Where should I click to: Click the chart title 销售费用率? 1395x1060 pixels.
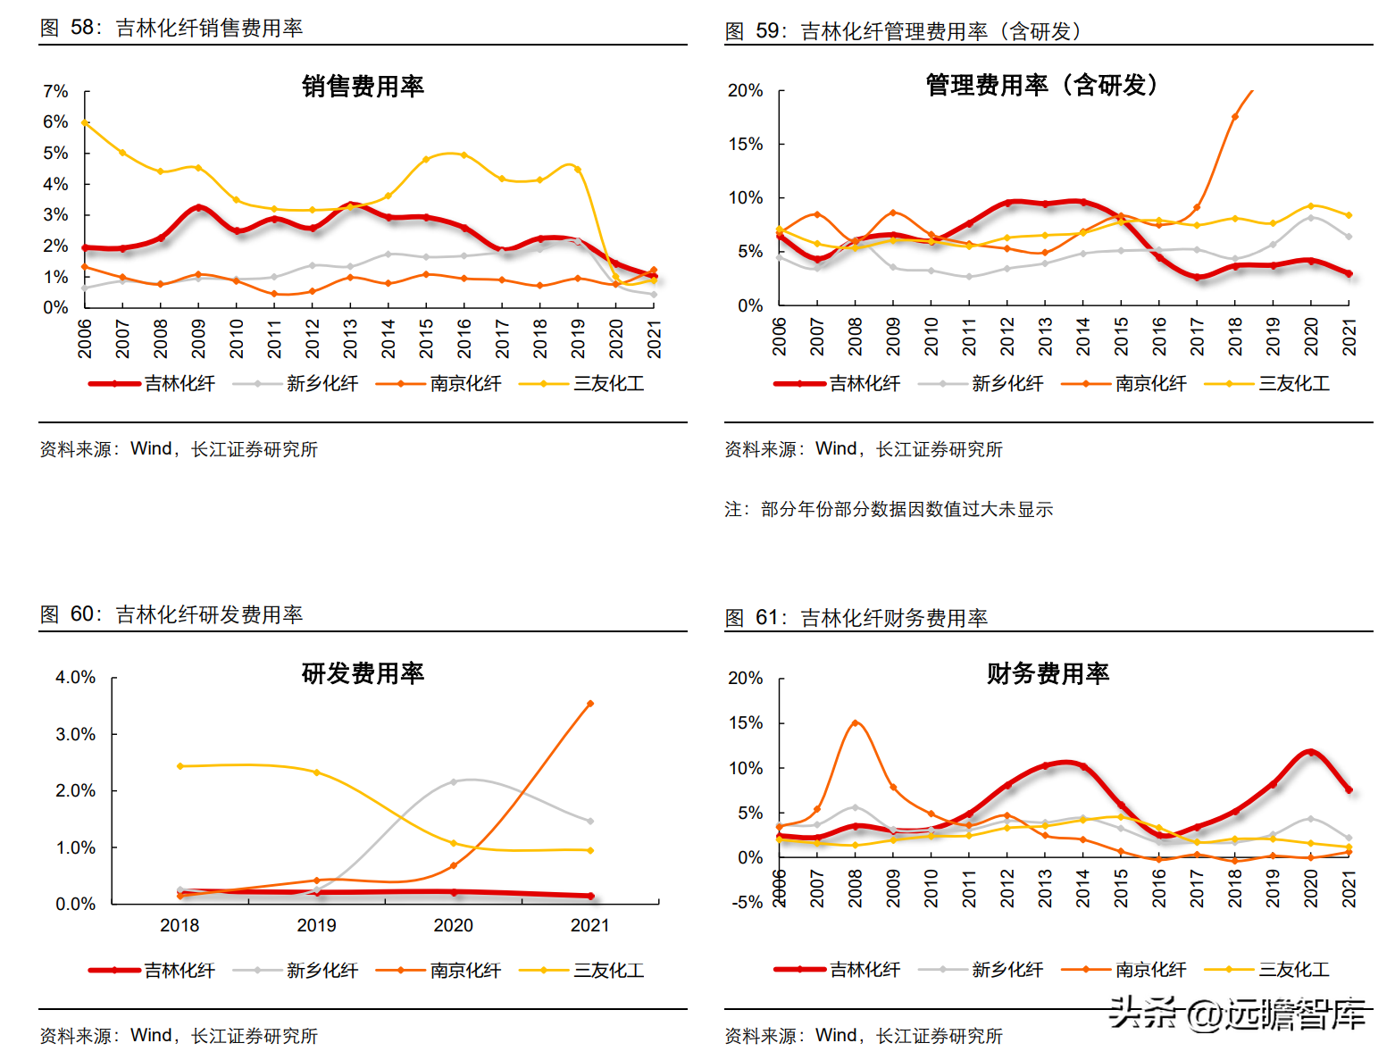click(363, 87)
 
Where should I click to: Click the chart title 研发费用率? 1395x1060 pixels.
click(363, 673)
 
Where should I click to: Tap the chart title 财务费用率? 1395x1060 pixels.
click(1048, 673)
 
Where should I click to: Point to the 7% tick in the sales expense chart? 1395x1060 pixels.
click(55, 92)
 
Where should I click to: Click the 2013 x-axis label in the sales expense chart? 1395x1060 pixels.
click(350, 338)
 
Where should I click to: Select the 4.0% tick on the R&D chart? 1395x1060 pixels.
click(75, 678)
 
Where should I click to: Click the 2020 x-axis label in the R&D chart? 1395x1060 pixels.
click(453, 925)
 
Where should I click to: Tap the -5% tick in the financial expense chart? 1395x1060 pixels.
click(747, 902)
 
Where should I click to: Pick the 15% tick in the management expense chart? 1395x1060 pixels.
click(745, 144)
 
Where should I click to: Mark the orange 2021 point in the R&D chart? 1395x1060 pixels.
click(590, 704)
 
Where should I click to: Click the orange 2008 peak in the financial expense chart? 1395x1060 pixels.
click(855, 722)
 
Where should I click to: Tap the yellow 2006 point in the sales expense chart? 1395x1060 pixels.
click(85, 122)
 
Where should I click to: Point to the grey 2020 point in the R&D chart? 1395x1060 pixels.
click(453, 781)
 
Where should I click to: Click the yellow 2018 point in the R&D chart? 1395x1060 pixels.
click(180, 766)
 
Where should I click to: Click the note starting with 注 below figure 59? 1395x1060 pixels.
click(889, 509)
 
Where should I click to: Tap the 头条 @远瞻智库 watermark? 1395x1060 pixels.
click(1236, 1014)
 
